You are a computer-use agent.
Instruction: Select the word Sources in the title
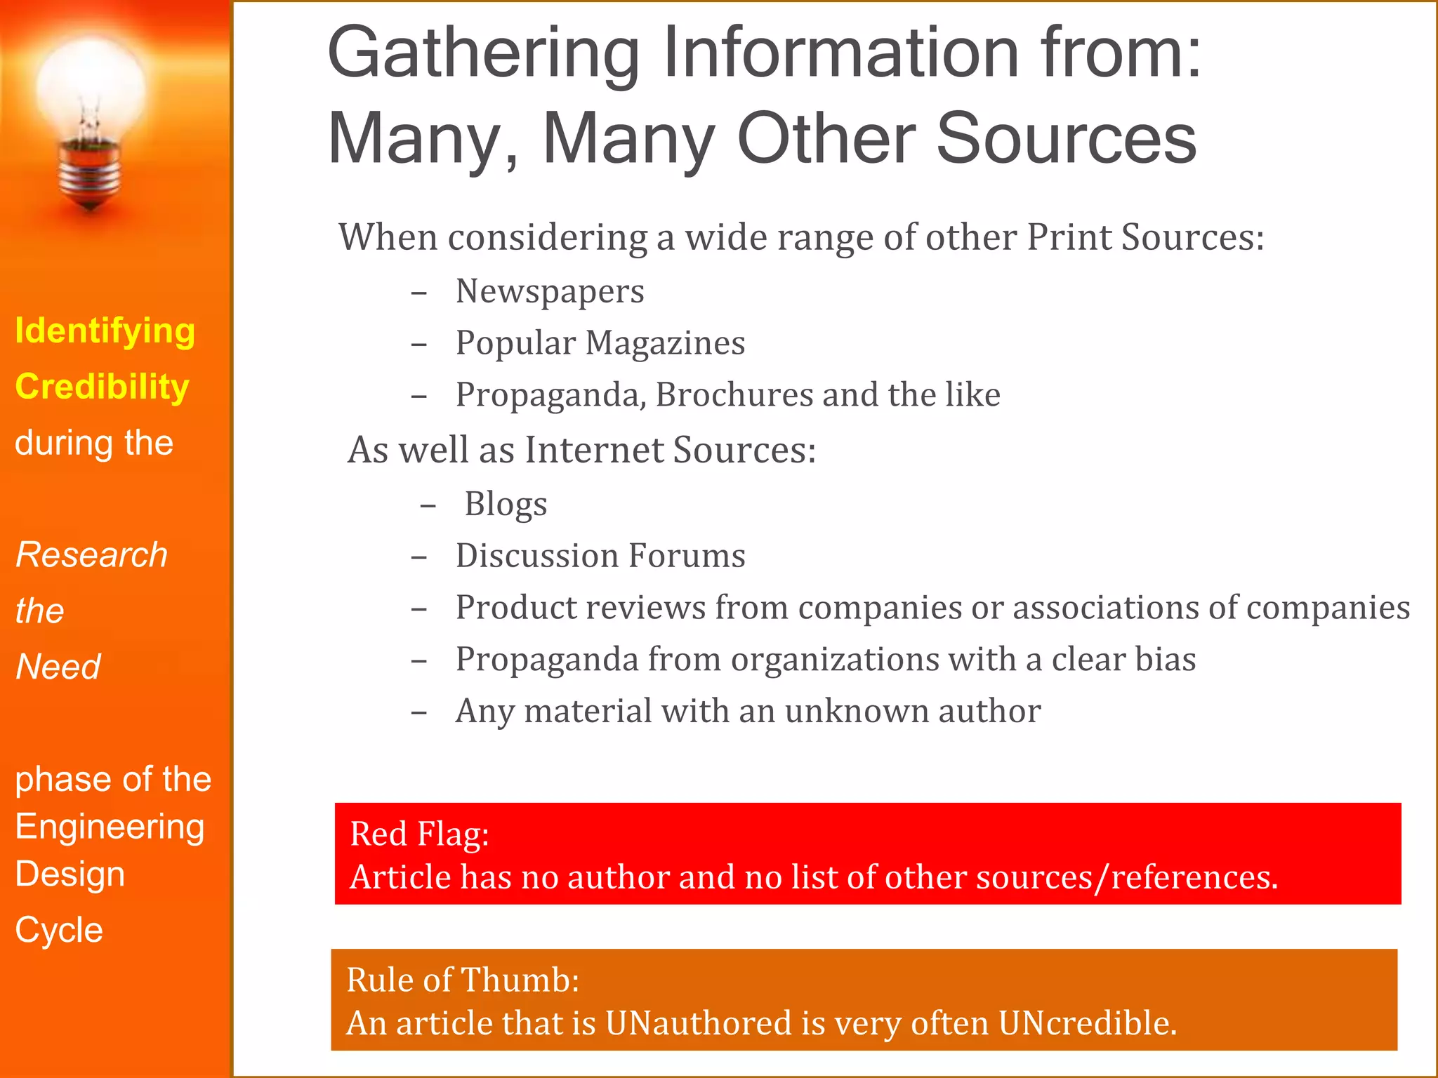coord(1067,139)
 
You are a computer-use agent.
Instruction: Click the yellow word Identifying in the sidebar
coord(105,331)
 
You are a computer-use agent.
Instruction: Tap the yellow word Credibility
coord(103,387)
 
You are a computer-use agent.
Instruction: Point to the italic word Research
coord(92,555)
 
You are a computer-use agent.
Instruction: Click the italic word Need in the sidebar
coord(58,667)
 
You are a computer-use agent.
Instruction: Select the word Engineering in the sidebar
coord(110,827)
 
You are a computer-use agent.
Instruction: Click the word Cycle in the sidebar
coord(60,931)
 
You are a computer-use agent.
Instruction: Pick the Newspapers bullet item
coord(550,291)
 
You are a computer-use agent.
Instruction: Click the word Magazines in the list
coord(665,343)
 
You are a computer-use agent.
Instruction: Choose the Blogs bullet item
coord(506,504)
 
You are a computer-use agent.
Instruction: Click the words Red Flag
coord(419,834)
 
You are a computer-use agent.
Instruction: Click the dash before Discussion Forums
coord(419,557)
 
